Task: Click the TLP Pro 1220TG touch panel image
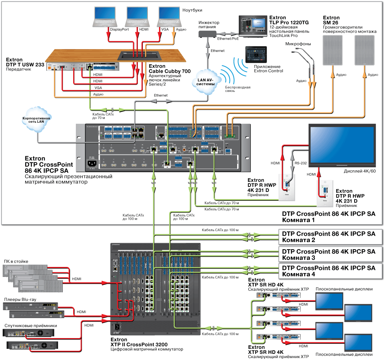[x=253, y=26]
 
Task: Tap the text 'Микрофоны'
[x=298, y=44]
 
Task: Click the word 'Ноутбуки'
[x=193, y=10]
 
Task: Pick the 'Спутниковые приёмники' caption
[x=31, y=325]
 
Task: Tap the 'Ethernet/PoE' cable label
[x=228, y=39]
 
